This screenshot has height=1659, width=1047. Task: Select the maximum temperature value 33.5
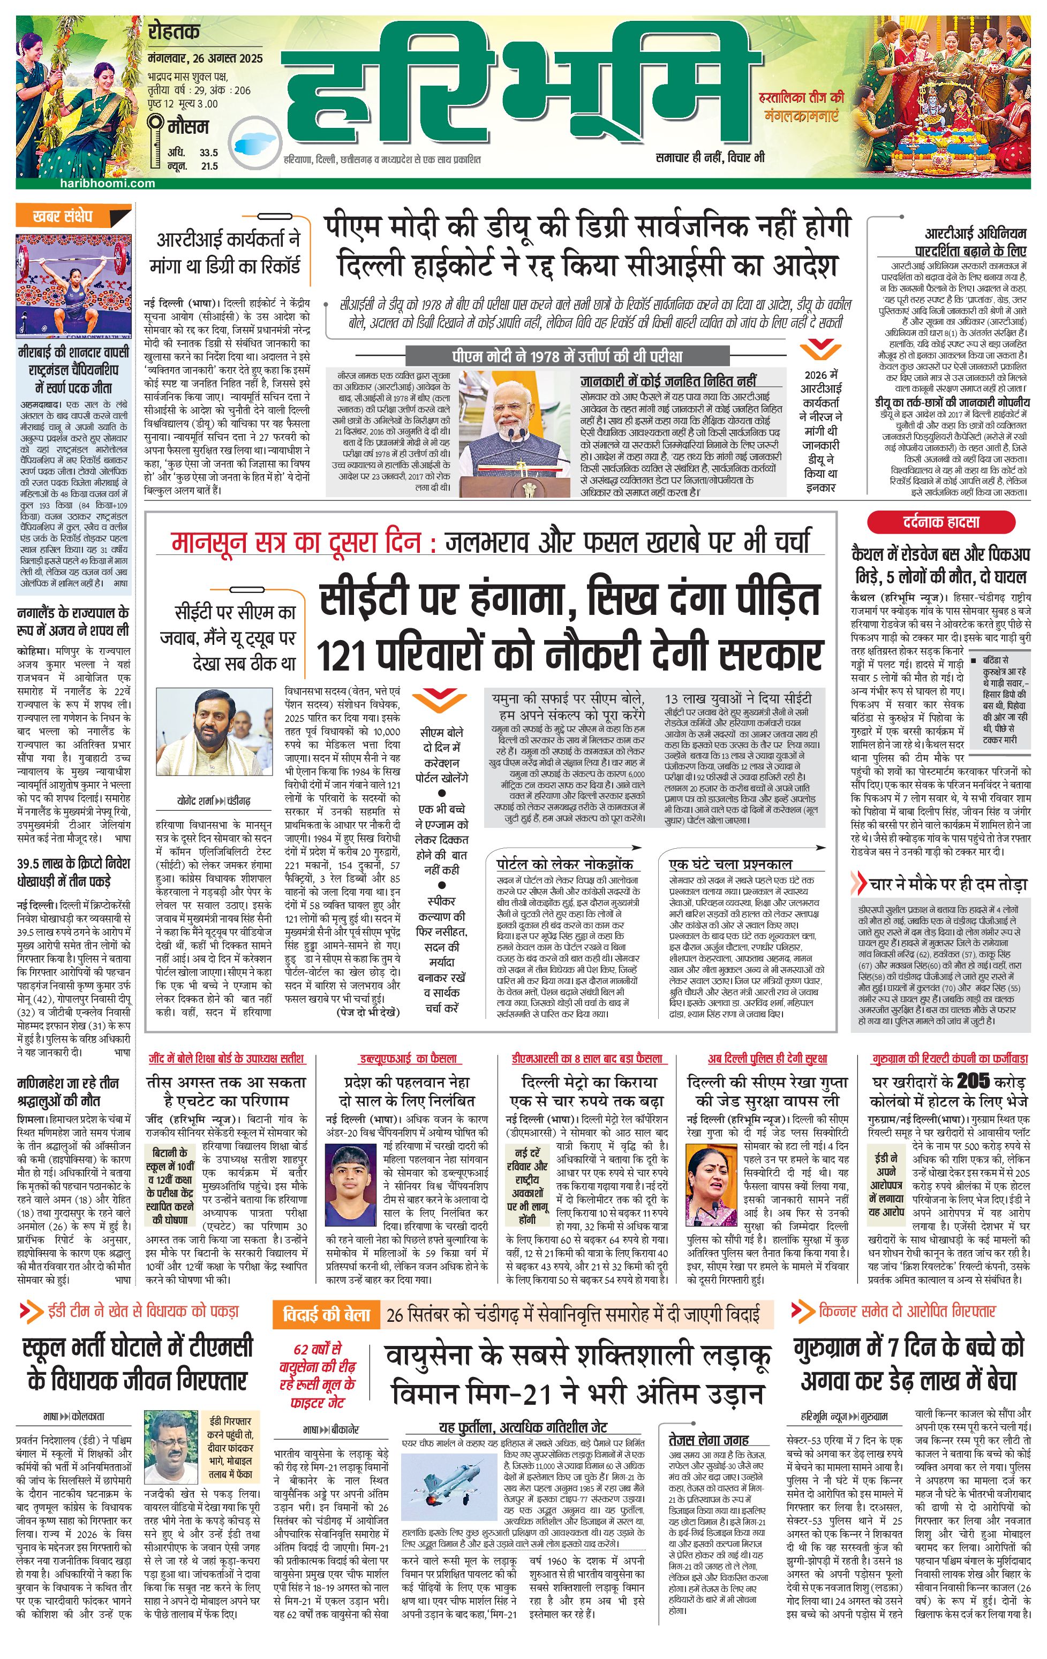(208, 153)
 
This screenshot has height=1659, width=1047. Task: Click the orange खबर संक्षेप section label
(63, 216)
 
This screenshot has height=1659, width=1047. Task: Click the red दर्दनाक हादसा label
(941, 522)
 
